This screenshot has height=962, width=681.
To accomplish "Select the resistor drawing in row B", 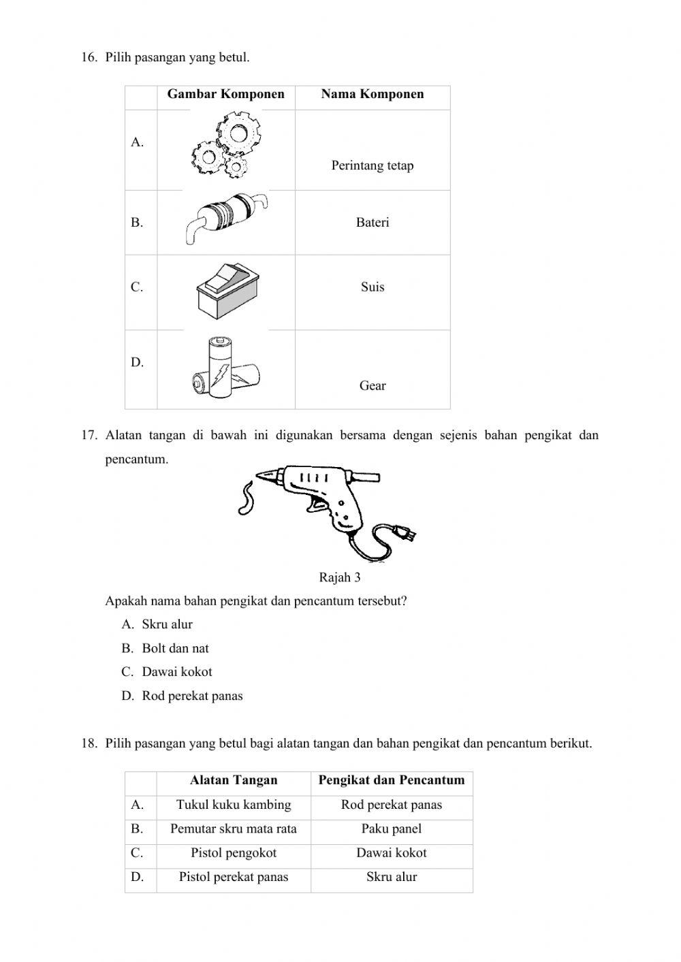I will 225,216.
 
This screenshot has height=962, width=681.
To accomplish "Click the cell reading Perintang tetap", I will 373,165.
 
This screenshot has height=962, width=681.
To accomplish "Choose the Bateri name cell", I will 373,223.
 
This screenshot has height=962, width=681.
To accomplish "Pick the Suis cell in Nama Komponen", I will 373,287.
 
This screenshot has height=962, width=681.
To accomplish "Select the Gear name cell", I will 373,386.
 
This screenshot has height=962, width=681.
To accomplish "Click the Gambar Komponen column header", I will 226,95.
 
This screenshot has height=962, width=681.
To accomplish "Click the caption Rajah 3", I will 340,578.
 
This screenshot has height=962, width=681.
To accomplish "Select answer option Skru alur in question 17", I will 168,624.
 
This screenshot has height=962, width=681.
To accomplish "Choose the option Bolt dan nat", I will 175,648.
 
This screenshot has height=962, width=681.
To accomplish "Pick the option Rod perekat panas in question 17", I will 192,696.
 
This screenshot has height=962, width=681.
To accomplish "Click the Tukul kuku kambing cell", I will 234,805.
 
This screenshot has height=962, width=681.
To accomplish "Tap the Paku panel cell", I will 392,829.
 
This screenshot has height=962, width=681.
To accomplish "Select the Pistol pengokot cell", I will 234,853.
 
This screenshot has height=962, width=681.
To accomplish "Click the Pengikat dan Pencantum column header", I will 392,780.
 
